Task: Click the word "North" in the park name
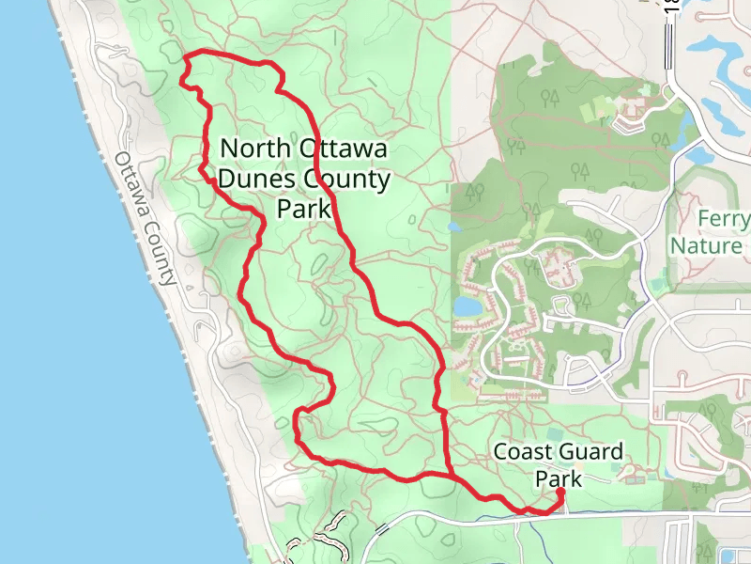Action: coord(254,149)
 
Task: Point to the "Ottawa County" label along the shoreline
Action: coord(146,218)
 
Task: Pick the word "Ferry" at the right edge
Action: coord(724,220)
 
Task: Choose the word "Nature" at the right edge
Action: coord(707,246)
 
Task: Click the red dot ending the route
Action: coord(559,492)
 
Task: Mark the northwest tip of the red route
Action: coord(185,59)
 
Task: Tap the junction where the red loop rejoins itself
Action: coord(452,476)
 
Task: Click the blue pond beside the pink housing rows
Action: coord(467,306)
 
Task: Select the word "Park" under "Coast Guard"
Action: coord(559,478)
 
